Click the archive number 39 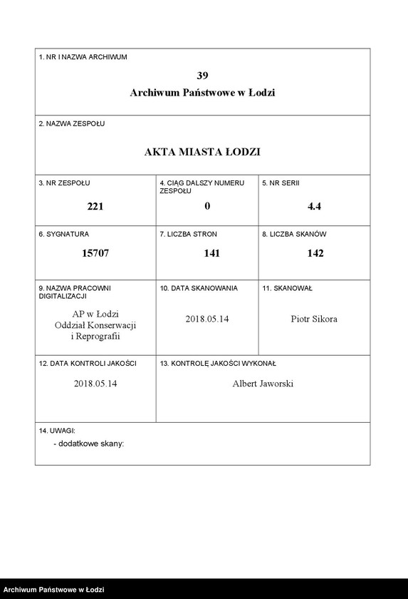[x=202, y=75]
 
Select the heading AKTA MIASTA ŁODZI [x=202, y=152]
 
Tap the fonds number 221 [x=95, y=206]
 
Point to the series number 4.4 [x=314, y=206]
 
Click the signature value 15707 [x=95, y=253]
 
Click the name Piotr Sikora [x=314, y=319]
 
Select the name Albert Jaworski [x=263, y=384]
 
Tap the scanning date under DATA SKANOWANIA [x=206, y=319]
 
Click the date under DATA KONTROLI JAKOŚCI [x=95, y=384]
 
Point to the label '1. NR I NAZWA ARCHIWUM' [x=83, y=57]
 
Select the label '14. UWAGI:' [x=57, y=431]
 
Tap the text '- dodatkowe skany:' [x=88, y=443]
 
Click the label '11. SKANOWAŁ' [x=287, y=288]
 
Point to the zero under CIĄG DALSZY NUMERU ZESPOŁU [x=207, y=206]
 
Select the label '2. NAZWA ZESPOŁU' [x=71, y=123]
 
